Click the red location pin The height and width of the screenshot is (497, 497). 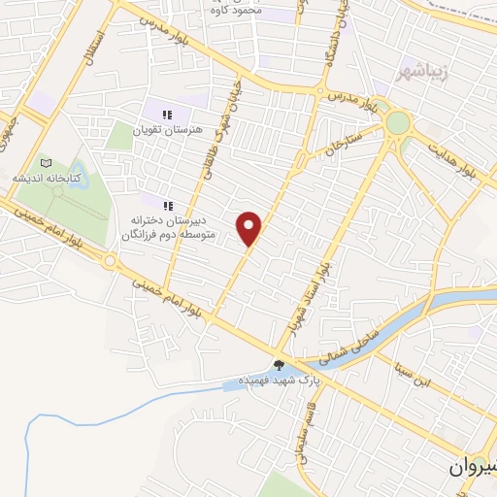pos(250,227)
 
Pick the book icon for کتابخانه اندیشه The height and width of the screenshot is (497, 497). pos(45,163)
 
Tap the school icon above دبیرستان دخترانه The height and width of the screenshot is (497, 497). pos(168,206)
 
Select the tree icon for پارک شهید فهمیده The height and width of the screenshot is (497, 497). pos(281,365)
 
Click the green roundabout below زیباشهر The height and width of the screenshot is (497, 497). pos(398,123)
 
